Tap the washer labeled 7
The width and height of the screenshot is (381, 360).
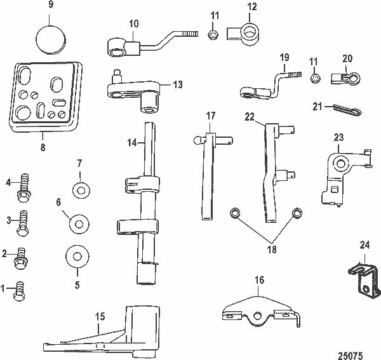(x=80, y=189)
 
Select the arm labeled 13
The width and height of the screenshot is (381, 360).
(x=137, y=88)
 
